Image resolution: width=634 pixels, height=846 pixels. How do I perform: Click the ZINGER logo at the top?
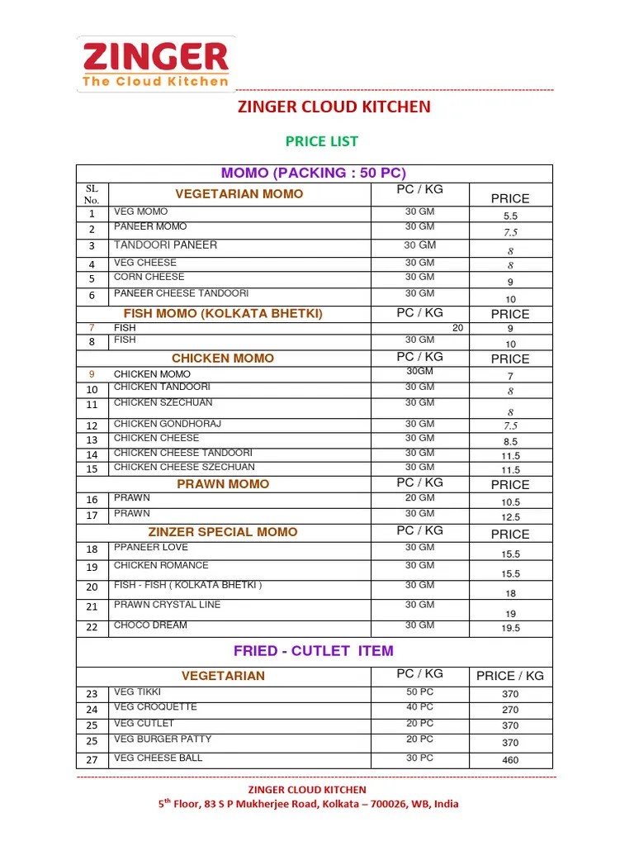[155, 64]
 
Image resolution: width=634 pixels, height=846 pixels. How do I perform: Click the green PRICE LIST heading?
[321, 141]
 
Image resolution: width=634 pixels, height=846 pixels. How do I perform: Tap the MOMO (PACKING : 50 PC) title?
[314, 173]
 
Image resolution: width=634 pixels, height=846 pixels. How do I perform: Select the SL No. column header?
[92, 194]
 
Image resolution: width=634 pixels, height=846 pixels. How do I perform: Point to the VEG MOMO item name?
[140, 212]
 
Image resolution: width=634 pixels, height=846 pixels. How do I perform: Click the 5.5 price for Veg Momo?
[510, 216]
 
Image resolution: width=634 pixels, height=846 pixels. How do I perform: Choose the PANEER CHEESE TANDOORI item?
[181, 293]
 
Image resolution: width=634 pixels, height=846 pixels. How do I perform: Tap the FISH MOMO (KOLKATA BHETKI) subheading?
[223, 314]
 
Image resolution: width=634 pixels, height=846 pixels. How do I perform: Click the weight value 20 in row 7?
[457, 328]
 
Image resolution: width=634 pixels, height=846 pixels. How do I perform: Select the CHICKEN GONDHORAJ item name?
[168, 424]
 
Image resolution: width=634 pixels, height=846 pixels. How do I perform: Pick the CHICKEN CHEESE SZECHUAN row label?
[184, 468]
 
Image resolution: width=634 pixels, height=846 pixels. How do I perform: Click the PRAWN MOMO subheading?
[223, 484]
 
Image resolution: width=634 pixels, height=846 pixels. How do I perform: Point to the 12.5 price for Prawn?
[510, 517]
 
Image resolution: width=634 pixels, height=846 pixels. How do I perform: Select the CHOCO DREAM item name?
[150, 625]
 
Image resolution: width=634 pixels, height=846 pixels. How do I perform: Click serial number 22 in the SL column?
[92, 627]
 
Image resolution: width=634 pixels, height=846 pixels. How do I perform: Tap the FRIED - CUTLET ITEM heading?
[314, 651]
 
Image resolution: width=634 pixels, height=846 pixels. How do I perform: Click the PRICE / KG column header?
[510, 676]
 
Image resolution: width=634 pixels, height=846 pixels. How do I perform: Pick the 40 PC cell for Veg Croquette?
[419, 707]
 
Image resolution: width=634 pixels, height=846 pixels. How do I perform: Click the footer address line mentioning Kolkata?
[308, 804]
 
